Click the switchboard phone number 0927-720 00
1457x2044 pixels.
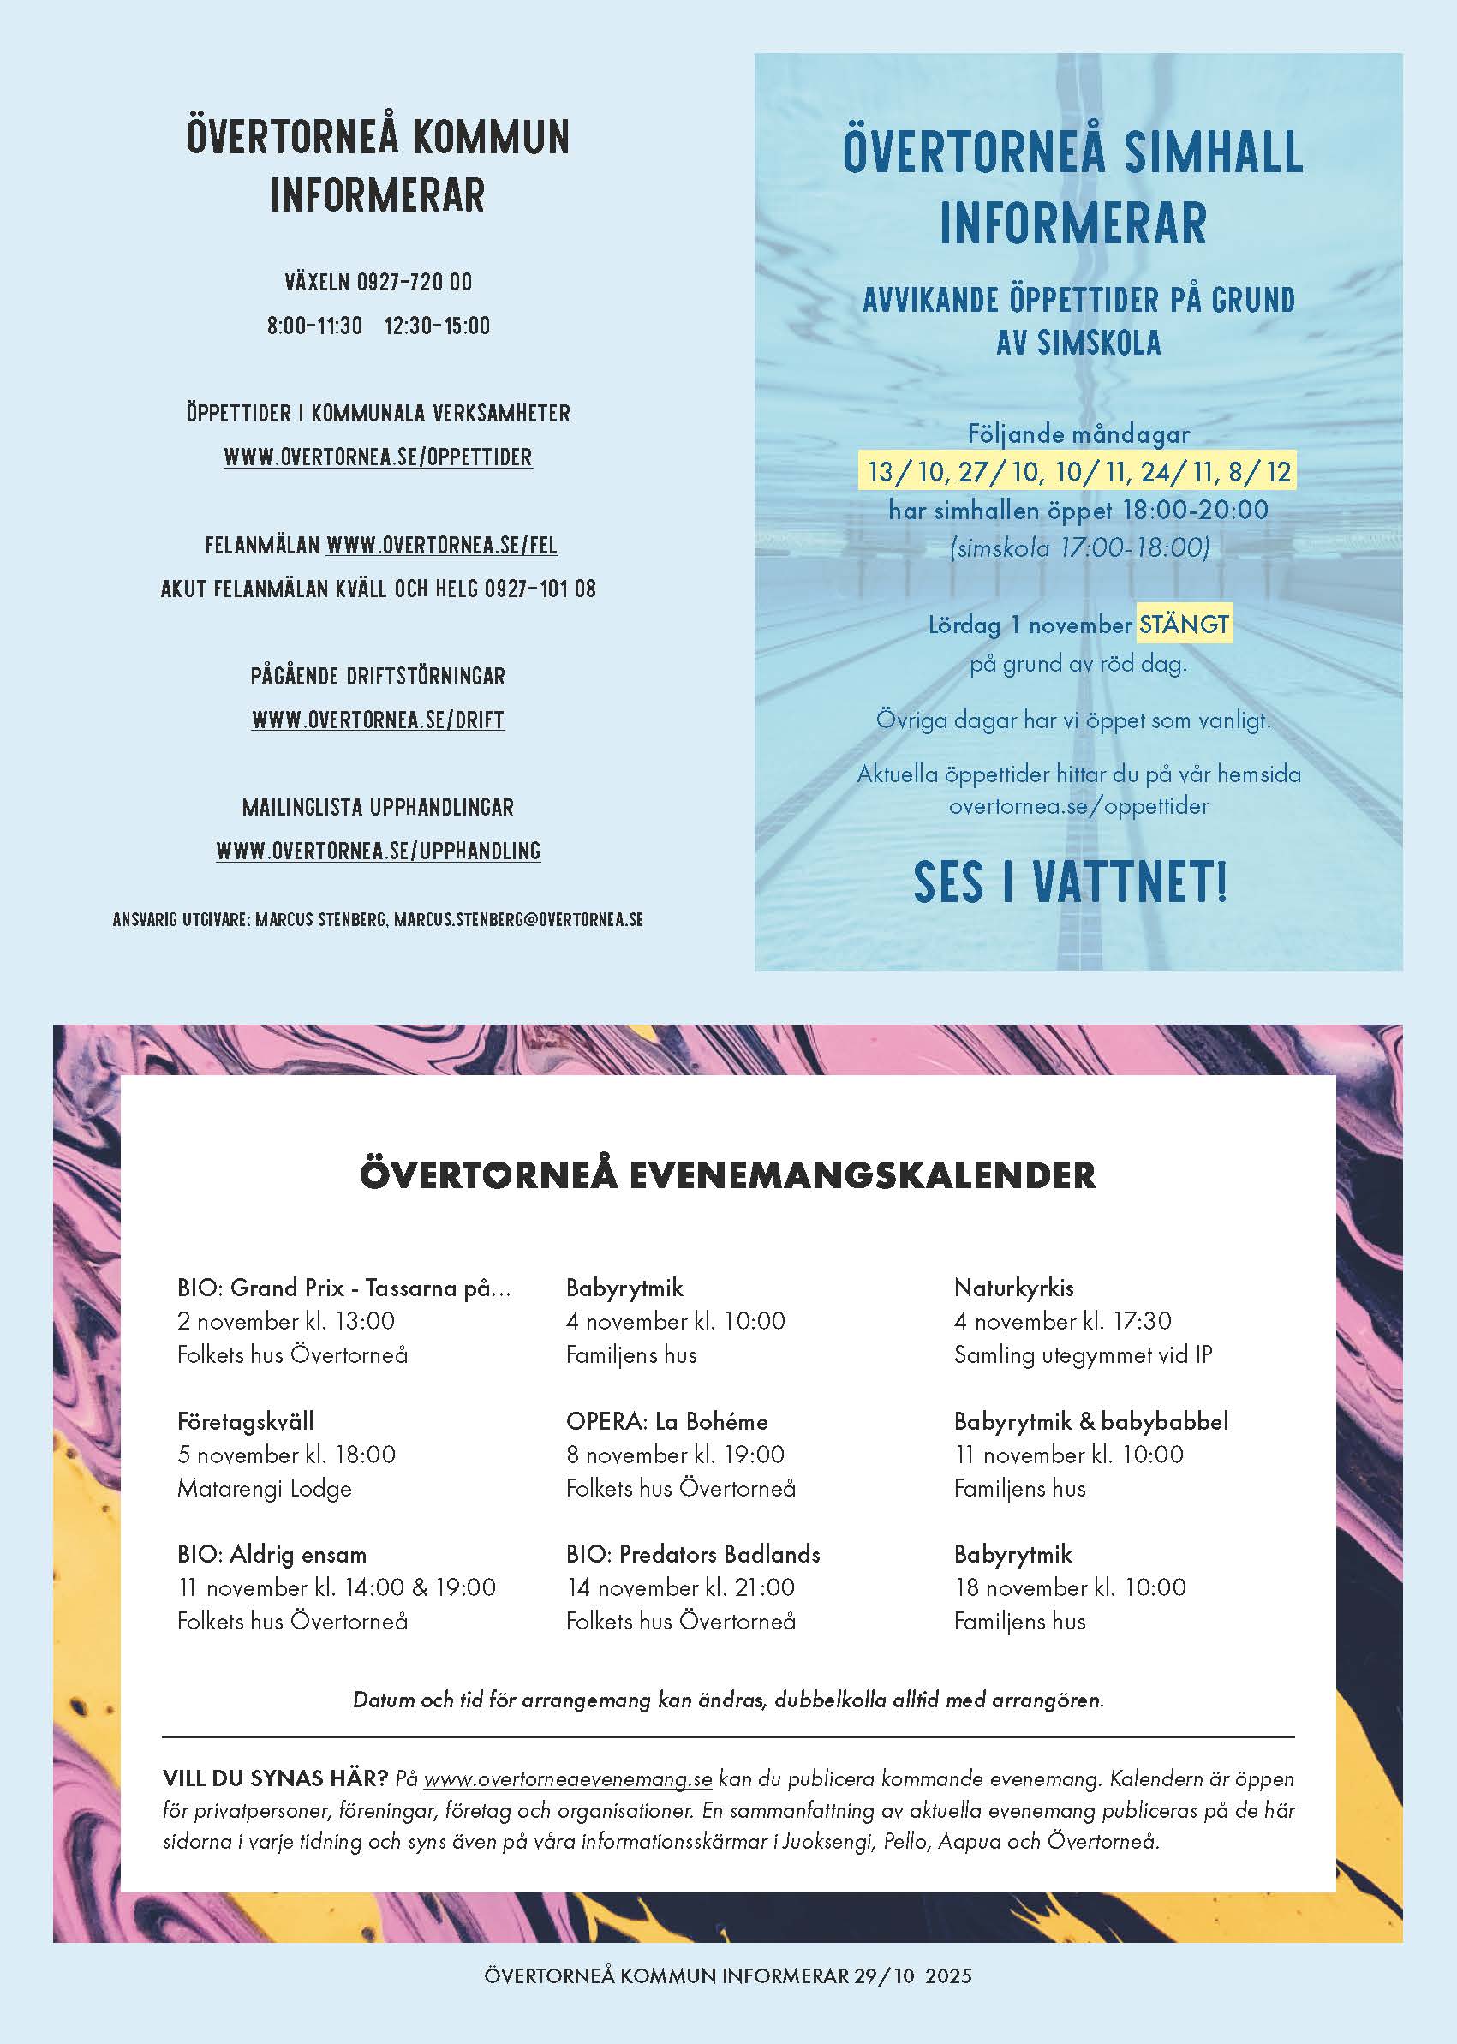pos(414,282)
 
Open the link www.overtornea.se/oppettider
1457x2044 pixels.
pos(378,457)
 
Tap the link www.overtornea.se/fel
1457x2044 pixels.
pos(441,545)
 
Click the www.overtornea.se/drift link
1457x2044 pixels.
pos(378,720)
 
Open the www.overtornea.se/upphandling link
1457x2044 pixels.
pos(378,851)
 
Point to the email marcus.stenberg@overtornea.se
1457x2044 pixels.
pos(518,920)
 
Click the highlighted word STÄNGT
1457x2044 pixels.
pos(1184,624)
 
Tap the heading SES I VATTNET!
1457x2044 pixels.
pos(1071,882)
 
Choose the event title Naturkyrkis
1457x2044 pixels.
pos(1013,1288)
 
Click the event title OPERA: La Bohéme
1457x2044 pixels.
pos(666,1421)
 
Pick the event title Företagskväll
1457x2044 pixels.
pos(245,1421)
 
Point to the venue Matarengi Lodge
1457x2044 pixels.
pos(264,1489)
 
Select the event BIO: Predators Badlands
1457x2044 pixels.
pos(693,1554)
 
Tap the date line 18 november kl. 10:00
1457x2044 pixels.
pos(1070,1587)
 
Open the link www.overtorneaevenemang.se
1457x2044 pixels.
pos(568,1779)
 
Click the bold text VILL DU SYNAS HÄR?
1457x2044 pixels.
pos(276,1779)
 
